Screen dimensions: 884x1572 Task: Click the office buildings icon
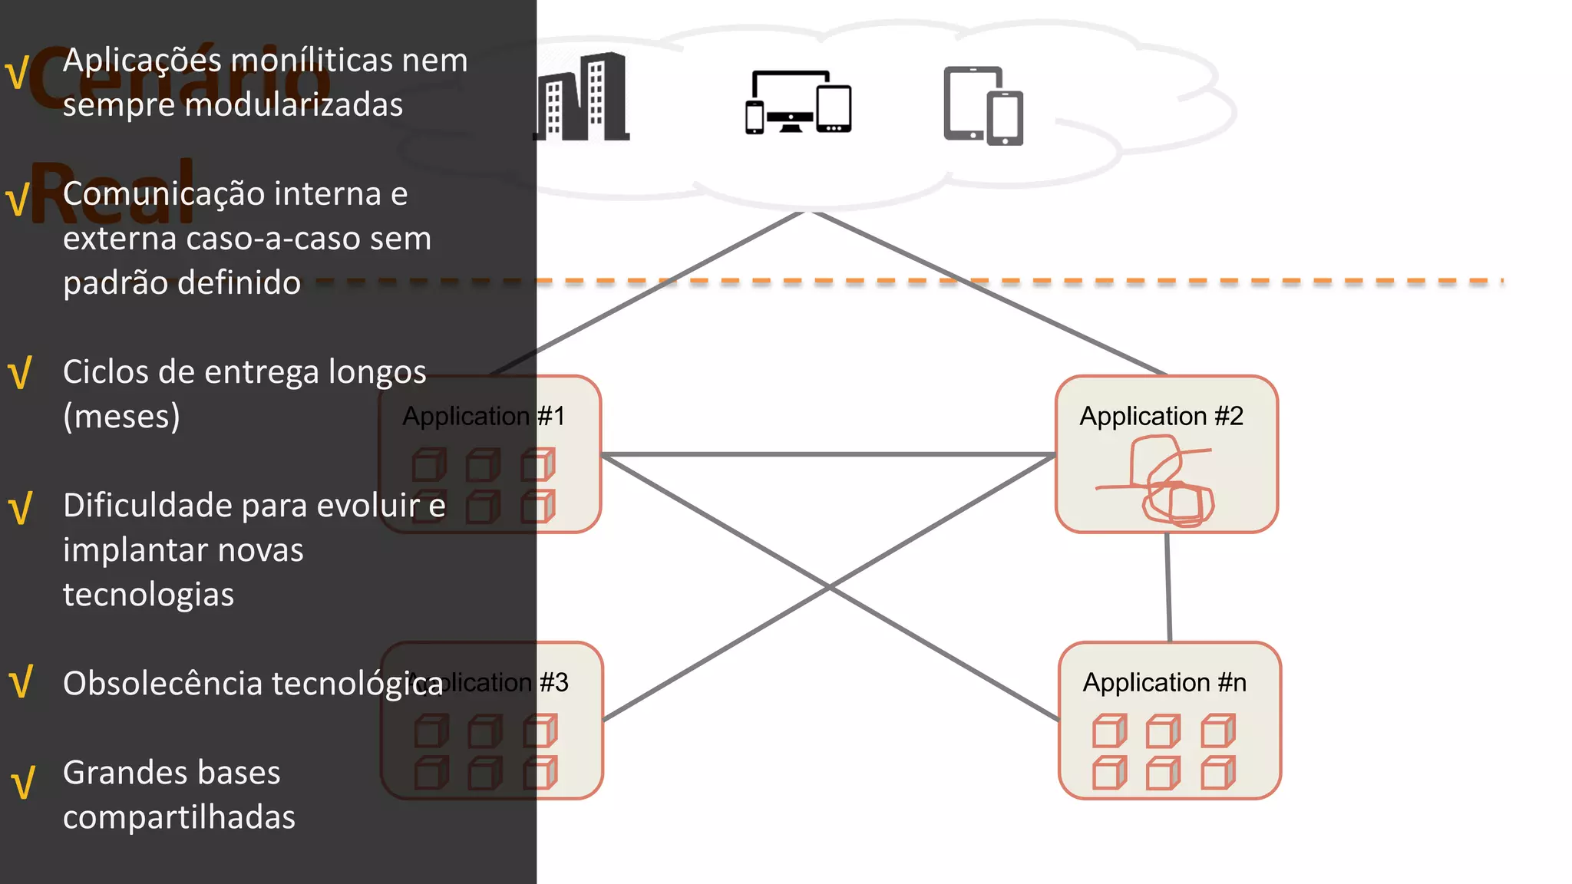(582, 98)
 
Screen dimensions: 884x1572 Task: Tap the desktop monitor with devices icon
(798, 102)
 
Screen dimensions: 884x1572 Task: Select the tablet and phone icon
(983, 106)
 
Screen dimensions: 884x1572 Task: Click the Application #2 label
(1161, 416)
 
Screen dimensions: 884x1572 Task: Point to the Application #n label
(1164, 682)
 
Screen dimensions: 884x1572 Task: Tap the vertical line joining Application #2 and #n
(1168, 588)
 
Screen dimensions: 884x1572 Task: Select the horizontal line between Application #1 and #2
(829, 454)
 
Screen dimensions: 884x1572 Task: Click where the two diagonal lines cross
(830, 588)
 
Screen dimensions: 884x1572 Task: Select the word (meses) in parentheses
(121, 417)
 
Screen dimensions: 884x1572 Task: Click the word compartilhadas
(179, 817)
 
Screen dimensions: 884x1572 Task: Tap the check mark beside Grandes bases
(23, 783)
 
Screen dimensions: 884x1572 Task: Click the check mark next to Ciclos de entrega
(20, 373)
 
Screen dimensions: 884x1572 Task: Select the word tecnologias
(148, 595)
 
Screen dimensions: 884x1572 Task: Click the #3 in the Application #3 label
(554, 682)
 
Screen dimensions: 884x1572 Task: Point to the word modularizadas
(232, 105)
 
